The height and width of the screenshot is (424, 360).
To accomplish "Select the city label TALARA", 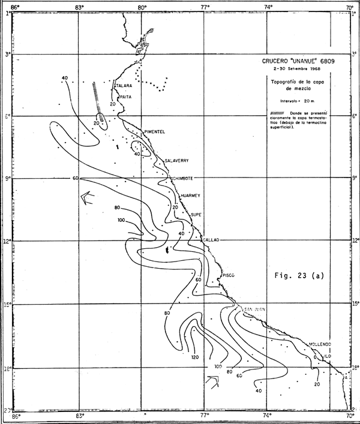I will [123, 86].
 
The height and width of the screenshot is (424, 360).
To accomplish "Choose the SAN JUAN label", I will [256, 309].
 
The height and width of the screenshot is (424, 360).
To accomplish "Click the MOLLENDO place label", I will [320, 344].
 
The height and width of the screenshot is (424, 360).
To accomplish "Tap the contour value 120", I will [194, 357].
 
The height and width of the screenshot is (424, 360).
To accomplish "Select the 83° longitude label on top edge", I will [79, 7].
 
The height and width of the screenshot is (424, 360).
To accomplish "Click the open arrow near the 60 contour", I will [86, 197].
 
